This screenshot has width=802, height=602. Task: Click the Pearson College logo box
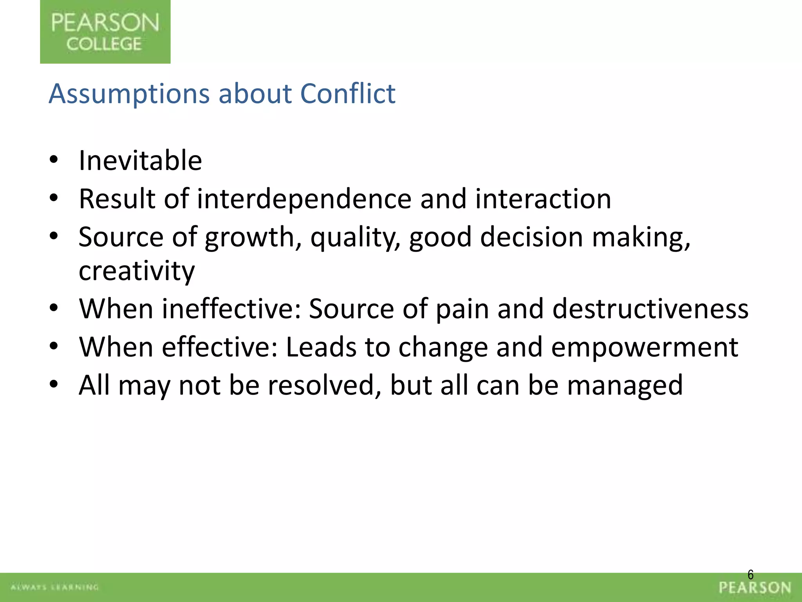click(x=105, y=32)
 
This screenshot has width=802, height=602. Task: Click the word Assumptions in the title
click(x=129, y=94)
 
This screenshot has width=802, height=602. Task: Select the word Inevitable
click(x=140, y=161)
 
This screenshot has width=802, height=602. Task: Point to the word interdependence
click(x=304, y=199)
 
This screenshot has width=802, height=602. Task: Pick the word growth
click(x=249, y=238)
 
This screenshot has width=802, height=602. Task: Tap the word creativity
click(x=136, y=271)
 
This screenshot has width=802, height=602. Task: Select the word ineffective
click(x=231, y=309)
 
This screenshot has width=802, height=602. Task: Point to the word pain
click(x=462, y=309)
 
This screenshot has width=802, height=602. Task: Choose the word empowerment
click(x=644, y=347)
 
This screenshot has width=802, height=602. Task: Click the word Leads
click(x=321, y=347)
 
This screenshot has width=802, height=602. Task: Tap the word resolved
click(x=325, y=385)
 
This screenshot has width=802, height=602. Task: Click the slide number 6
click(x=750, y=575)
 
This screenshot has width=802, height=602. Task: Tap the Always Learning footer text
click(x=54, y=587)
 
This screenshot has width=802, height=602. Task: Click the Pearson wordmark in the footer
click(x=755, y=588)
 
